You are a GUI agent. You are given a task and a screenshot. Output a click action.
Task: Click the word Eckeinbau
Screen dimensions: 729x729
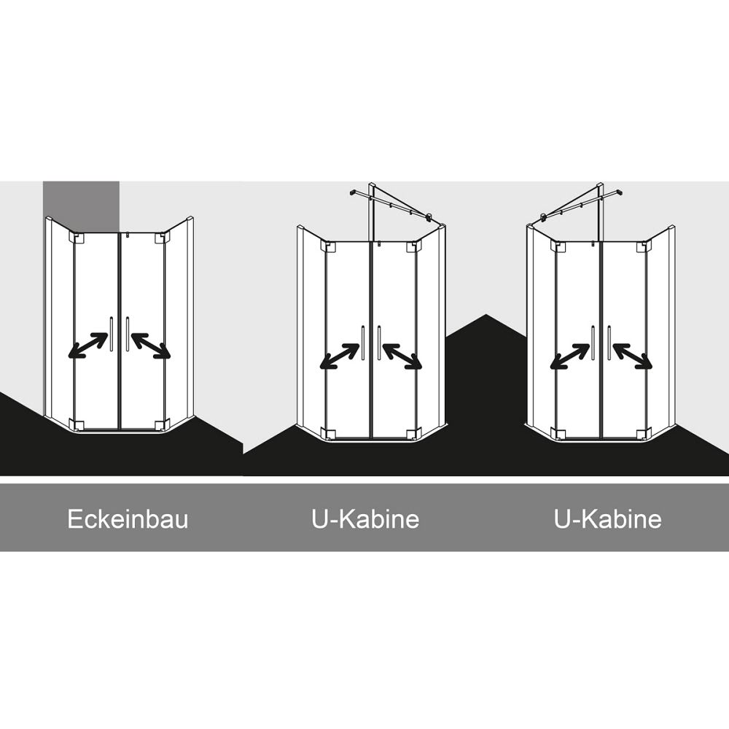[128, 519]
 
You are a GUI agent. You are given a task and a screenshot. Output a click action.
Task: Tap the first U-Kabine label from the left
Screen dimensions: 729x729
[365, 519]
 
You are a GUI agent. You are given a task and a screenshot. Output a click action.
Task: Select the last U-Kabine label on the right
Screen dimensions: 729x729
[608, 519]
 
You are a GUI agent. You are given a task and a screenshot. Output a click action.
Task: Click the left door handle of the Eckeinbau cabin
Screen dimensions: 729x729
[111, 334]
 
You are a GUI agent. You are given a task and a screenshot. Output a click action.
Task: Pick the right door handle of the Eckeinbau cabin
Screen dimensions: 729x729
[128, 334]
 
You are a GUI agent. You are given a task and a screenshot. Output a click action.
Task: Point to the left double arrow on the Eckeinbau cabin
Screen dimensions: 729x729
[88, 346]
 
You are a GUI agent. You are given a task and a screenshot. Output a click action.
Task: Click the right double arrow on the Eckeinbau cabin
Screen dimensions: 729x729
[151, 346]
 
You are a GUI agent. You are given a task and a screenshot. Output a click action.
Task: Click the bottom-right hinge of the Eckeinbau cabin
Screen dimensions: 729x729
[160, 425]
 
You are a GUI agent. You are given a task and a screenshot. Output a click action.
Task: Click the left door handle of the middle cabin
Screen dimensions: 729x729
[362, 343]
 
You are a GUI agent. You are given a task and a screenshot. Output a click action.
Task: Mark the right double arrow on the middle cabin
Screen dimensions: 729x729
[402, 356]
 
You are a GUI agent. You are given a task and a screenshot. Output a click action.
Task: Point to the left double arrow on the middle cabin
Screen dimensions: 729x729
[340, 356]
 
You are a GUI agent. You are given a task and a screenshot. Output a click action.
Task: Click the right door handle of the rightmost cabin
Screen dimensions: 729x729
[609, 343]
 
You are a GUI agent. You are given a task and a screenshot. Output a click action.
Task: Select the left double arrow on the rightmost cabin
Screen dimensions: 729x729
[570, 356]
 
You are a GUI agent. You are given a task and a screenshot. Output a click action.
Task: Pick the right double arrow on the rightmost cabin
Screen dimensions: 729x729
[633, 356]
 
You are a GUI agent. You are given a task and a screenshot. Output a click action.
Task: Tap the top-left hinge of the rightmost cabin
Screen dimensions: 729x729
[557, 246]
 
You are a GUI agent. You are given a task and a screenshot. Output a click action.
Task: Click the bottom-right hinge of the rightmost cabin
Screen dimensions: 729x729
[642, 434]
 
